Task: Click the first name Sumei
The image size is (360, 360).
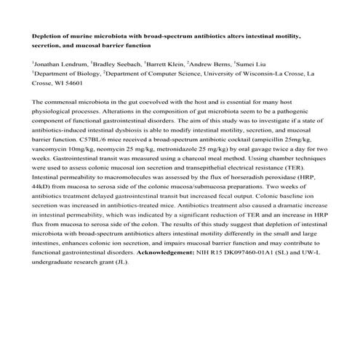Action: tap(249, 63)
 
